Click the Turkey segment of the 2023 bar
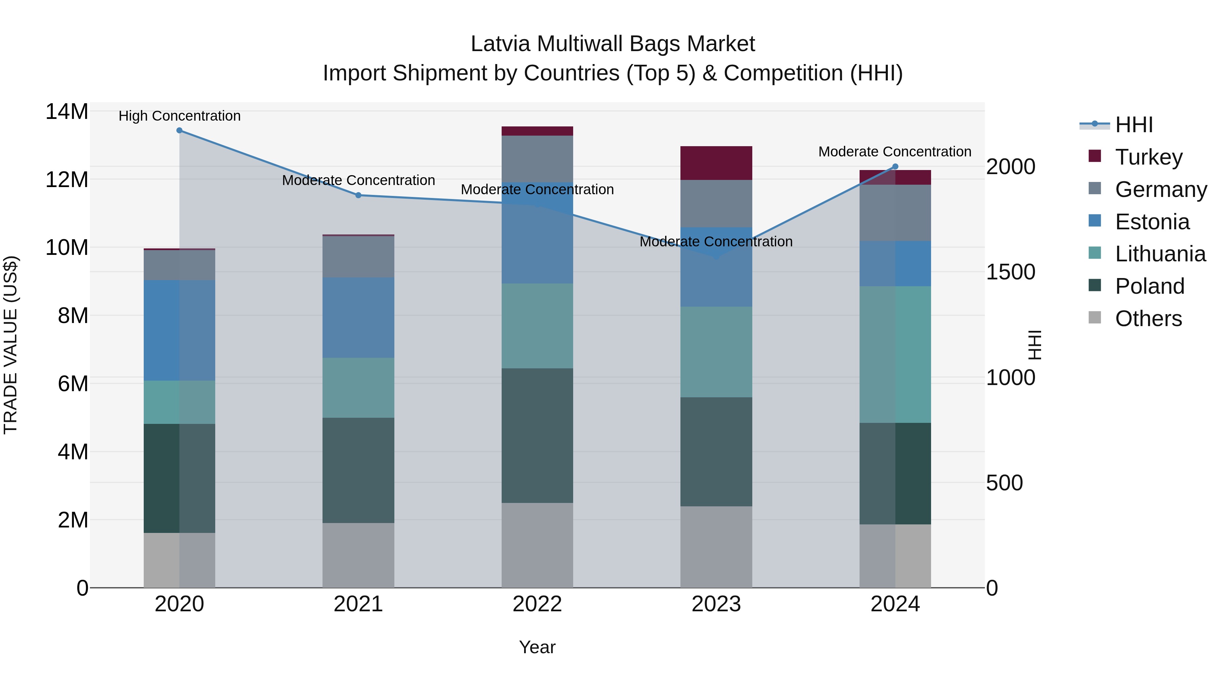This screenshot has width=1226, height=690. click(x=716, y=163)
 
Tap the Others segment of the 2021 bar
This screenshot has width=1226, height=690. click(x=358, y=555)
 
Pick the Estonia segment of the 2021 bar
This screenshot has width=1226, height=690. click(x=358, y=318)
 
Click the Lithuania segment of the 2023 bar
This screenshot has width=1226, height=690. click(x=716, y=352)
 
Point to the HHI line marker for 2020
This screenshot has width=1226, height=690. click(x=179, y=131)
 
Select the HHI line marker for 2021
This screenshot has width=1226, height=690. click(x=358, y=195)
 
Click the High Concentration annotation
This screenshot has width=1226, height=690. click(x=179, y=116)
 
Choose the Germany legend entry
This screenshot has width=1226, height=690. click(x=1160, y=189)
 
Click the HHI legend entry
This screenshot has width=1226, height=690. click(x=1134, y=125)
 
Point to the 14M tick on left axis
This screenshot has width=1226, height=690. click(x=67, y=112)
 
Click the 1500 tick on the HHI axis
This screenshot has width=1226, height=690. click(x=1010, y=272)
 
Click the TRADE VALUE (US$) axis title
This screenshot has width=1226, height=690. click(x=11, y=345)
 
